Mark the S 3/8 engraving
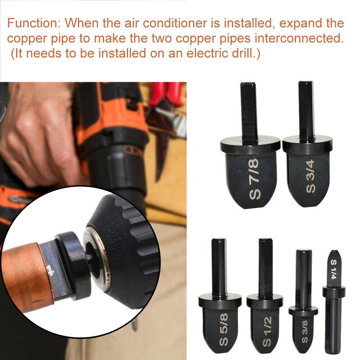[x=304, y=333]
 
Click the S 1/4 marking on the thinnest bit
[x=333, y=268]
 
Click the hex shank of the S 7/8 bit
[x=249, y=110]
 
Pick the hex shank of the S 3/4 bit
[x=307, y=110]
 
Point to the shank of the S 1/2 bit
[x=265, y=268]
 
